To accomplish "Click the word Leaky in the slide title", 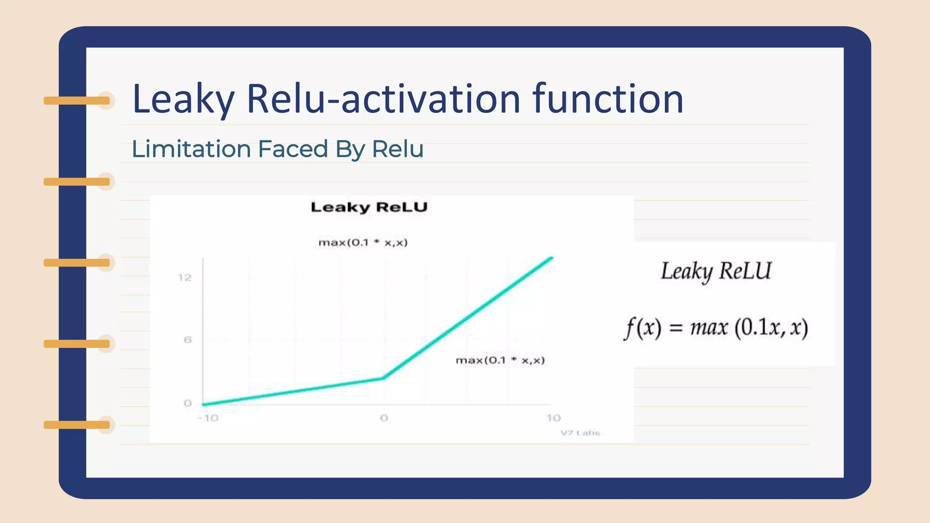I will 183,99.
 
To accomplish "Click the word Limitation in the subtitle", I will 191,149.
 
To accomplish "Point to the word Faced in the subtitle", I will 292,149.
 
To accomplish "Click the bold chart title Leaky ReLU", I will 369,207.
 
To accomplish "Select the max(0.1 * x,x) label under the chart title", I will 363,242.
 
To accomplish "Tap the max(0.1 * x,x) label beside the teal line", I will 500,360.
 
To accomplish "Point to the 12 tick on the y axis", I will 184,277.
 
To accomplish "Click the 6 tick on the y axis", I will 188,340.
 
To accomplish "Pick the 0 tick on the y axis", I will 188,403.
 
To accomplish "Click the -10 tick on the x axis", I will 208,418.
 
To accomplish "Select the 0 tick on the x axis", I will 384,418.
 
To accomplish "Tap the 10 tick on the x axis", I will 554,418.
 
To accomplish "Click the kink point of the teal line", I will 383,378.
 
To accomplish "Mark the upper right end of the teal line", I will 551,258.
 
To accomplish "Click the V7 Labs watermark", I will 580,433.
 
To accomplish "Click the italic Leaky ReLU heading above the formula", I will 716,271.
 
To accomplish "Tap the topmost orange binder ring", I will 77,100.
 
